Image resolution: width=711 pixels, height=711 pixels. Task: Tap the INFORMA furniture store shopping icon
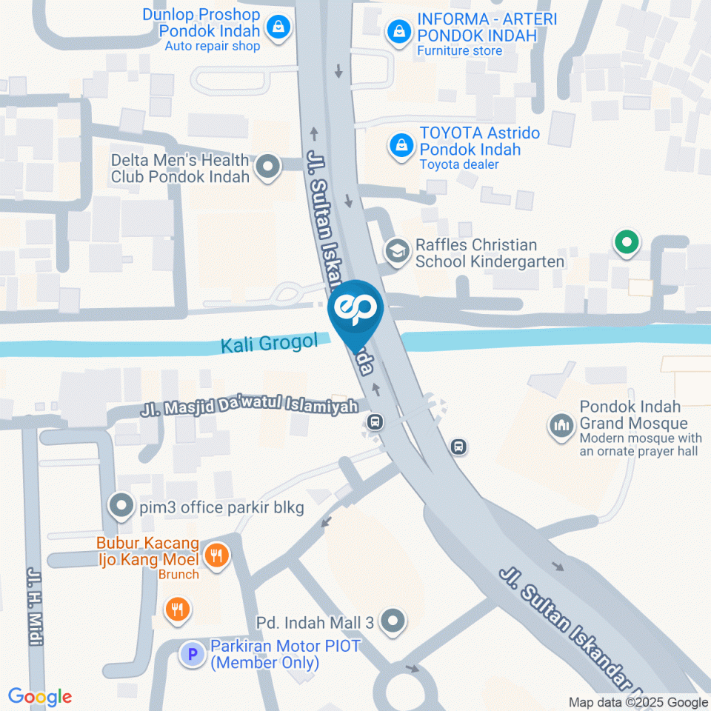pos(399,31)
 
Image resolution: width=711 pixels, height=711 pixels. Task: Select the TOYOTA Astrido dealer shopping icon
pos(401,146)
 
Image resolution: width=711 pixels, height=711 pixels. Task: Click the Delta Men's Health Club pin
pos(267,167)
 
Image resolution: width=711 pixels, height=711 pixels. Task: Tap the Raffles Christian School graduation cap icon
pos(398,252)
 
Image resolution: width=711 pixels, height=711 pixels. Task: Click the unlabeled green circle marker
pos(627,241)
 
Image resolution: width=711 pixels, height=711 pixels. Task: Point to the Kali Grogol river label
pos(269,343)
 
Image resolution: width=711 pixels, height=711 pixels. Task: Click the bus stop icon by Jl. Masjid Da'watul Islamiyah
pos(375,422)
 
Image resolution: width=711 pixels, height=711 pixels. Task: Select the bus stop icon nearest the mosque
pos(459,447)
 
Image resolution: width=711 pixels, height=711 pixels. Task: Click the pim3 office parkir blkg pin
pos(120,507)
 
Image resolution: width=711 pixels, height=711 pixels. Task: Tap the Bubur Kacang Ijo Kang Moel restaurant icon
pos(216,555)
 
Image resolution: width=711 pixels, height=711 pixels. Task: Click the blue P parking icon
pos(193,654)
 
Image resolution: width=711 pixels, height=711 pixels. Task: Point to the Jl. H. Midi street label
pos(35,607)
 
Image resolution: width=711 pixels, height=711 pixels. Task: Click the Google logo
pos(40,697)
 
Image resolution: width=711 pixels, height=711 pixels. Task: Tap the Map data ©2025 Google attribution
pos(638,702)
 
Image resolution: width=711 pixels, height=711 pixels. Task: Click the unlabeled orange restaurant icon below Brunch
pos(177,610)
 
